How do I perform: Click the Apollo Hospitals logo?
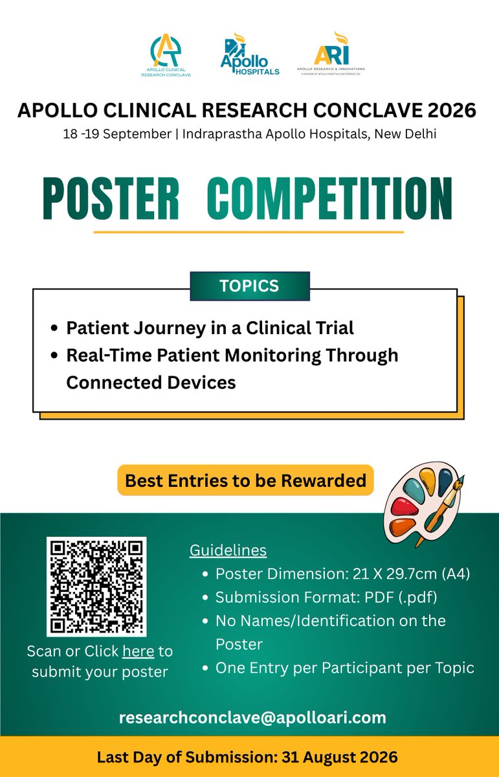tap(250, 54)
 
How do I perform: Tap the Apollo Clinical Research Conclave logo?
tap(166, 55)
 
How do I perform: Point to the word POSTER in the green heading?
tap(111, 198)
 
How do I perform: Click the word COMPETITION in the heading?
tap(330, 198)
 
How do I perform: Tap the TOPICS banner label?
tap(250, 286)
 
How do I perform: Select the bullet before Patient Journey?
tap(54, 328)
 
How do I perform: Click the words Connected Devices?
tap(151, 383)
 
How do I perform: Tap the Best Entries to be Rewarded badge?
tap(245, 480)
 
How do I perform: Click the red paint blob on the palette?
tap(404, 507)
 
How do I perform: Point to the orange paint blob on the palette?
tap(403, 527)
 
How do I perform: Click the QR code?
tap(96, 587)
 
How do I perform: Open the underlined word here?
tap(139, 651)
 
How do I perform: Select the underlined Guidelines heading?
tap(228, 550)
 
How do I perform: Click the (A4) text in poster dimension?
tap(456, 574)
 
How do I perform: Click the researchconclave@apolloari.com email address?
tap(252, 717)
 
